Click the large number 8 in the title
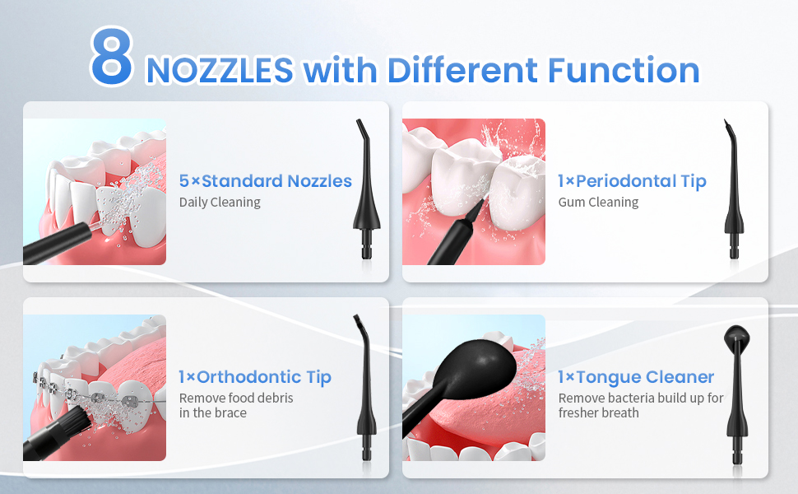click(112, 56)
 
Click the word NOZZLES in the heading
click(220, 70)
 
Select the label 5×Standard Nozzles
click(265, 181)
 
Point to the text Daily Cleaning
click(220, 203)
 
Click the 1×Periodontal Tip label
click(632, 181)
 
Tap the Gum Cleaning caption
click(599, 203)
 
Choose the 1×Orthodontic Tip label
click(255, 377)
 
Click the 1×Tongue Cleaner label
click(636, 377)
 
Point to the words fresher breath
click(599, 413)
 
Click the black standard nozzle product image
click(366, 189)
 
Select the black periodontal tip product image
click(733, 189)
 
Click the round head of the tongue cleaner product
click(736, 337)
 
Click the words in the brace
click(213, 413)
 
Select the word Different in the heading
click(462, 70)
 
